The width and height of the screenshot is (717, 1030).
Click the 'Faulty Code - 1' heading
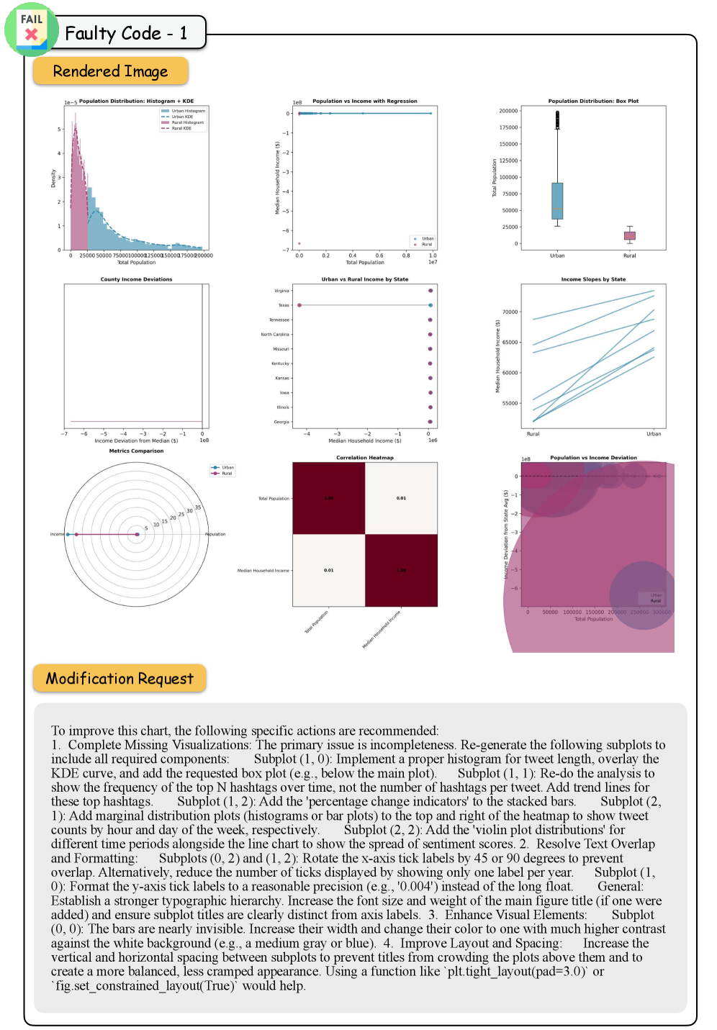(126, 33)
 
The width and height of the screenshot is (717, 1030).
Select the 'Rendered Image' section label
(110, 71)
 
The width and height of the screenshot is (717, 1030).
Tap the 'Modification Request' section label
(119, 679)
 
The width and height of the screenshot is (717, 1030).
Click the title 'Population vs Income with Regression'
(364, 101)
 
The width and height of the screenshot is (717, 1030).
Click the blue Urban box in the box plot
(557, 200)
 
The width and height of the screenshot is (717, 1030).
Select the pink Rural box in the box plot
(629, 235)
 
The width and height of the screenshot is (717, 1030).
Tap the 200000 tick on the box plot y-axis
(508, 111)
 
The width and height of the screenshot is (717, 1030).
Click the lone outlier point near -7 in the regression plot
(299, 243)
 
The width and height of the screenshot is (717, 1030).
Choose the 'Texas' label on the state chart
(284, 305)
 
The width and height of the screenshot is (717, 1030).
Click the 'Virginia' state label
(281, 291)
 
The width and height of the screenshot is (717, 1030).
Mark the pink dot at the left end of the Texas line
(299, 305)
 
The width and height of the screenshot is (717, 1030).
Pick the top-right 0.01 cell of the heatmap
(401, 498)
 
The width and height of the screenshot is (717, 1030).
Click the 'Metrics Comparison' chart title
(136, 451)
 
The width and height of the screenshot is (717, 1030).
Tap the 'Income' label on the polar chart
(57, 534)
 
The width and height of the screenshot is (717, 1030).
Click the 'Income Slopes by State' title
(593, 279)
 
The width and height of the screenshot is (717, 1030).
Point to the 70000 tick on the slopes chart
(510, 312)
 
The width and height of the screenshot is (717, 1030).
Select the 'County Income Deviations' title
(136, 279)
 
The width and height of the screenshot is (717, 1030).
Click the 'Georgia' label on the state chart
(281, 422)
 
